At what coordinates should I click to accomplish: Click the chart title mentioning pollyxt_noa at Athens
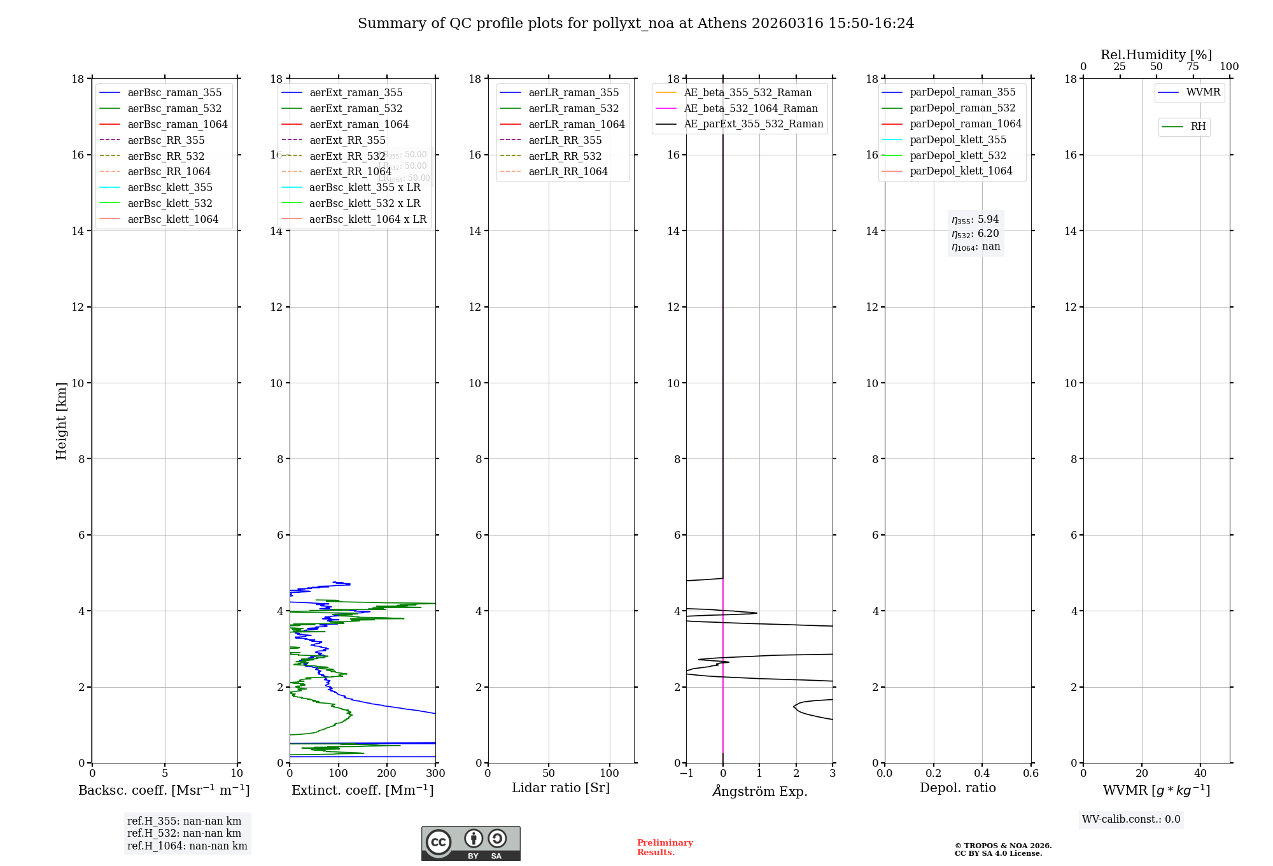pyautogui.click(x=636, y=24)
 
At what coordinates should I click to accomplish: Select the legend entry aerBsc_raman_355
pyautogui.click(x=174, y=93)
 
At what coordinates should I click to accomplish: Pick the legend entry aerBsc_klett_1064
pyautogui.click(x=172, y=219)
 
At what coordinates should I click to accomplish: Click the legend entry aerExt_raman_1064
pyautogui.click(x=359, y=124)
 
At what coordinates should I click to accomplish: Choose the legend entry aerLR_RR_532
pyautogui.click(x=565, y=156)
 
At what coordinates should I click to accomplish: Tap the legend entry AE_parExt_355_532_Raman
pyautogui.click(x=753, y=124)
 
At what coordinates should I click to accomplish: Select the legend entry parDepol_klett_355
pyautogui.click(x=958, y=139)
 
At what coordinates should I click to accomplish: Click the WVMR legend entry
pyautogui.click(x=1203, y=92)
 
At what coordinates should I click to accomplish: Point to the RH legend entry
pyautogui.click(x=1198, y=127)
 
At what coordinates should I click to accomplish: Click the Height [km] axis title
pyautogui.click(x=61, y=420)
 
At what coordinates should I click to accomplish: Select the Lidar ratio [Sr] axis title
pyautogui.click(x=561, y=788)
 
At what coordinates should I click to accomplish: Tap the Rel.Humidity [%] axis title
pyautogui.click(x=1156, y=55)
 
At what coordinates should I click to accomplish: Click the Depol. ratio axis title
pyautogui.click(x=957, y=788)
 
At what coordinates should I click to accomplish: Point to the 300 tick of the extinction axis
pyautogui.click(x=435, y=774)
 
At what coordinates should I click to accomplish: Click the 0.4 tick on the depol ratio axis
pyautogui.click(x=982, y=774)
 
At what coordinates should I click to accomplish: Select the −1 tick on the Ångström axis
pyautogui.click(x=686, y=774)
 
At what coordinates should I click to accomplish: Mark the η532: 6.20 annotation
pyautogui.click(x=975, y=234)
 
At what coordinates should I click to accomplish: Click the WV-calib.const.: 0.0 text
pyautogui.click(x=1131, y=820)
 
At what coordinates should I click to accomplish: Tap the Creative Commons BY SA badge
pyautogui.click(x=470, y=843)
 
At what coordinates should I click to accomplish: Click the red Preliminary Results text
pyautogui.click(x=665, y=848)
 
